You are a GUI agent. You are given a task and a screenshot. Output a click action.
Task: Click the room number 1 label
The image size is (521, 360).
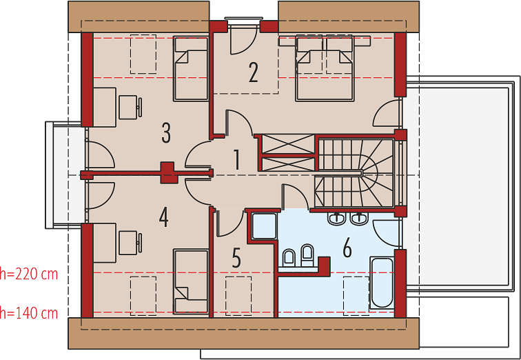coord(236,160)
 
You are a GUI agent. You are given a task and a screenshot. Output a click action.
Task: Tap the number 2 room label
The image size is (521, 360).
coord(253,72)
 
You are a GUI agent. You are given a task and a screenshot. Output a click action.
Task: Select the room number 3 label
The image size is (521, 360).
coord(166,132)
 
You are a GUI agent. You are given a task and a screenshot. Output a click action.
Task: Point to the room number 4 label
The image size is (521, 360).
coord(163,218)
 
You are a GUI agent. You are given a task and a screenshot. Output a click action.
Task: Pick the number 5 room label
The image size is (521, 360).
coord(236,259)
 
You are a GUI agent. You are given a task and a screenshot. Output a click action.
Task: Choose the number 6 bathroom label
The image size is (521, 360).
coord(347,248)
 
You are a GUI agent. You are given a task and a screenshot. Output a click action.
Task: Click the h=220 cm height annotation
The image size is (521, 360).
coord(29,274)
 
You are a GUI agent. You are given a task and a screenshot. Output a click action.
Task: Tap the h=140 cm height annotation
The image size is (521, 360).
coord(29,313)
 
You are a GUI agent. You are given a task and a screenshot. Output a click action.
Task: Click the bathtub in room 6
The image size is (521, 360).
coord(382,283)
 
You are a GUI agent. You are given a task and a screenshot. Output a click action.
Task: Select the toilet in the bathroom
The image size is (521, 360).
coord(289,258)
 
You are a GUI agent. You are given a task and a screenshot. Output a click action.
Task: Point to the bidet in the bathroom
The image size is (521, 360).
coord(307,256)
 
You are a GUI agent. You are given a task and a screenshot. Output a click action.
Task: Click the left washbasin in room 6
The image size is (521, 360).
coord(337,219)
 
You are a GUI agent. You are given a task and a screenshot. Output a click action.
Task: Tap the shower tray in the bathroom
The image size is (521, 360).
coord(264,226)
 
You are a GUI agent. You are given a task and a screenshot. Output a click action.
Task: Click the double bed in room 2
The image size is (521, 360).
coord(324,68)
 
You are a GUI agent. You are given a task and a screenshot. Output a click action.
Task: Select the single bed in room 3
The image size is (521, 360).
coord(191,69)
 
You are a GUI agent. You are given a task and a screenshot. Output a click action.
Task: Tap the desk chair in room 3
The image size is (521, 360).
coord(130,107)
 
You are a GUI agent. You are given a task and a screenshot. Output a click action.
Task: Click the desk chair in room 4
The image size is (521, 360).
coord(130,243)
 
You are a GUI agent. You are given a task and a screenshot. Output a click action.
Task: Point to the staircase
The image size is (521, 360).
coord(354,173)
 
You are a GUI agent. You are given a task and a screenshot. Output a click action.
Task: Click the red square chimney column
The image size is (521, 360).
coord(167,172)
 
